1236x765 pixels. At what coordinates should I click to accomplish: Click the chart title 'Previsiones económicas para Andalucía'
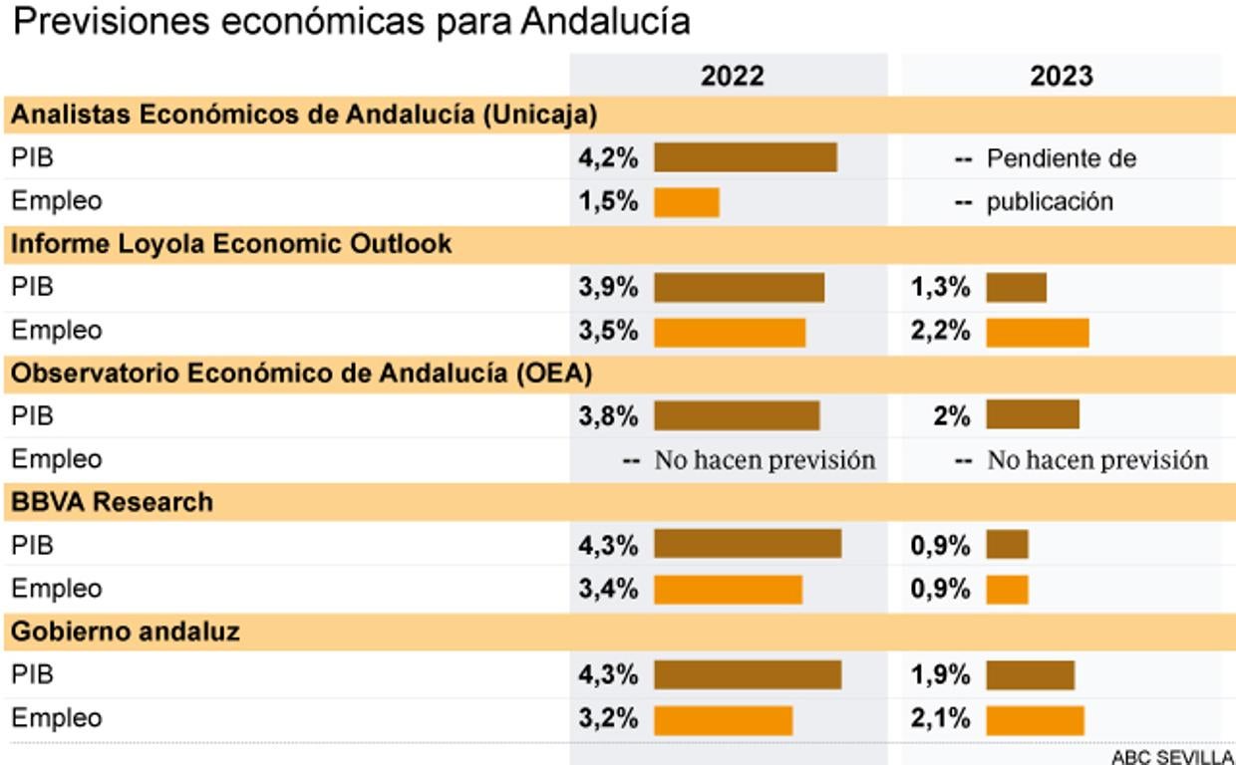[351, 22]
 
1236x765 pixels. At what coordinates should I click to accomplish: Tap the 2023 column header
[1062, 77]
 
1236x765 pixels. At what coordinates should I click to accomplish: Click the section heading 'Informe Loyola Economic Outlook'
[231, 244]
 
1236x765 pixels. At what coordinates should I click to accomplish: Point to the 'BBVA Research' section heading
[112, 502]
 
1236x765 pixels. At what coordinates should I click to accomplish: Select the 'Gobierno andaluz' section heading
[126, 632]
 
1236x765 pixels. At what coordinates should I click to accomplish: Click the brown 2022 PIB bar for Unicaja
[745, 158]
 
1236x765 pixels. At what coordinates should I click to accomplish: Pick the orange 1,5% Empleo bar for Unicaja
[686, 202]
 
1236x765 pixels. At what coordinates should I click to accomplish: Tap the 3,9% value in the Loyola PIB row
[608, 288]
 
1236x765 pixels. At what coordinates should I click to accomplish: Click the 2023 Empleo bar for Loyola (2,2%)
[1037, 332]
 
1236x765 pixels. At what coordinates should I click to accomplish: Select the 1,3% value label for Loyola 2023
[940, 288]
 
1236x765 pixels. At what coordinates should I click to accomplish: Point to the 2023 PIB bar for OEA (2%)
[1033, 415]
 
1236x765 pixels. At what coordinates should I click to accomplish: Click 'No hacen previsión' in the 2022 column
[765, 460]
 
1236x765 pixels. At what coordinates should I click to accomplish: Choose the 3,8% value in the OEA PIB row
[608, 416]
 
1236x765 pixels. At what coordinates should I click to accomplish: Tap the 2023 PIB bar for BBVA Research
[1007, 545]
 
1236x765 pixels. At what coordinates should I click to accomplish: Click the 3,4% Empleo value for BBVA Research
[608, 589]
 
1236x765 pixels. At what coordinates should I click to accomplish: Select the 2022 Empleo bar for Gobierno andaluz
[723, 719]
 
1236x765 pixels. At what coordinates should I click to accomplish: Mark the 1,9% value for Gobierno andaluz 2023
[940, 675]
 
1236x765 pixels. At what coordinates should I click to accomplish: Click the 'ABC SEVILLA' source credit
[1172, 756]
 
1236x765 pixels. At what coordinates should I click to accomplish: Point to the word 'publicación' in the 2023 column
[1050, 202]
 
